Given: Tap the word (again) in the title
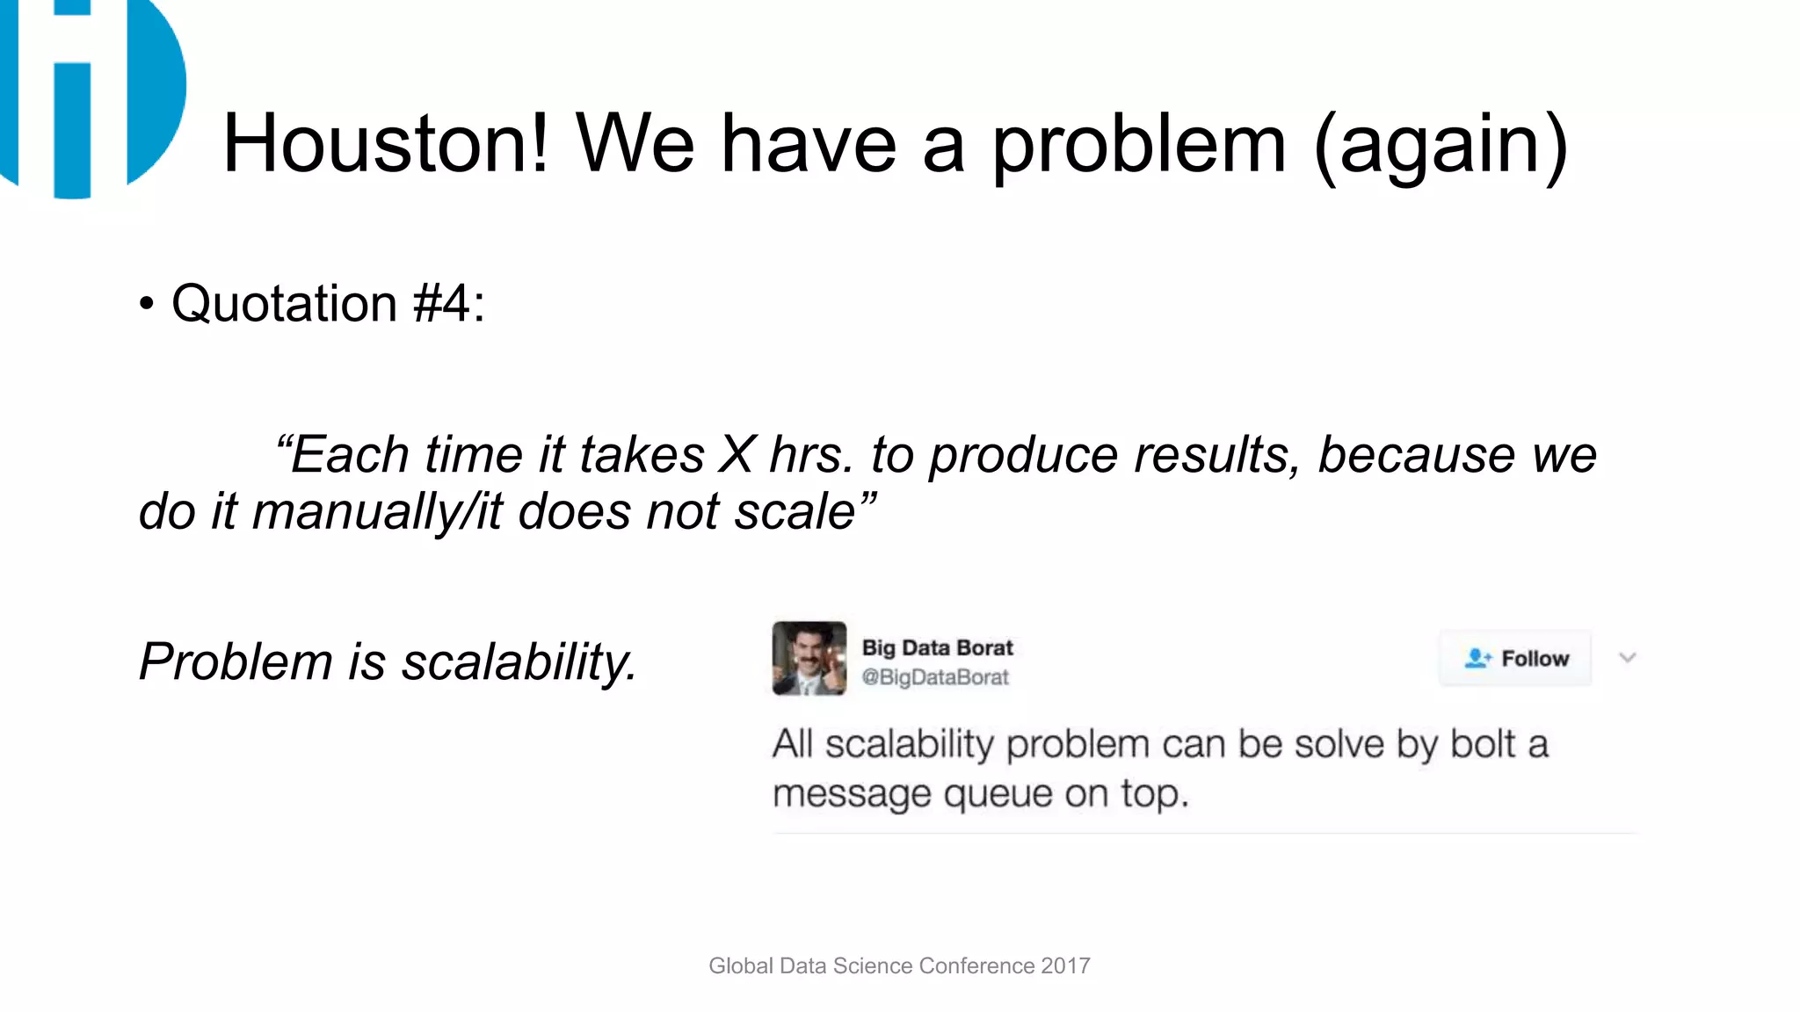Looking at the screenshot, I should point(1441,145).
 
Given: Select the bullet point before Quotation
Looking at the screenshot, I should point(147,305).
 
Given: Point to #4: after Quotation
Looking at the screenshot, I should point(449,304).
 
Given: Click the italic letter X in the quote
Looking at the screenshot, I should point(737,455).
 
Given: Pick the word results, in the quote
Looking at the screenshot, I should point(1216,455).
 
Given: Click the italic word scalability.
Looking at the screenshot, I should point(519,661).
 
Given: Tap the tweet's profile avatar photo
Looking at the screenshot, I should point(809,658).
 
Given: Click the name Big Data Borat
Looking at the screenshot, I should point(937,647).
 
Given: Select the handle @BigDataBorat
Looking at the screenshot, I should point(935,677).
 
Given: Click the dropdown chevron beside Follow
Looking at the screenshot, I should point(1627,658).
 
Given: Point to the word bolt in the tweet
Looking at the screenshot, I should point(1482,744).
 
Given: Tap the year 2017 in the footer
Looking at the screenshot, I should point(1065,965).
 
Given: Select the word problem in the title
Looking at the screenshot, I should point(1139,145).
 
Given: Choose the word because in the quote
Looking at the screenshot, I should point(1416,455).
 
